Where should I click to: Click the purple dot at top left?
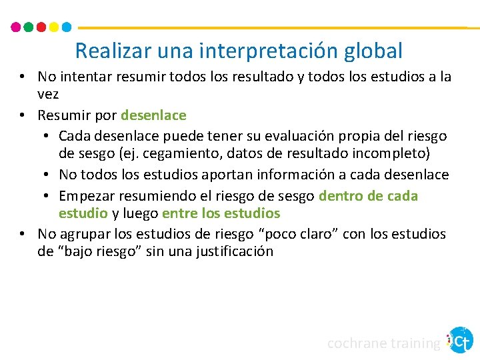[x=16, y=27]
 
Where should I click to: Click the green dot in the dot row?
[x=28, y=27]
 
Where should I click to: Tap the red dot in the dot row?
[x=41, y=27]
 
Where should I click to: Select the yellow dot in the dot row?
[x=53, y=27]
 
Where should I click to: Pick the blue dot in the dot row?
[x=66, y=27]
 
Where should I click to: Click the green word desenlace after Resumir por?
[x=153, y=115]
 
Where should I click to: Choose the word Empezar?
[x=87, y=196]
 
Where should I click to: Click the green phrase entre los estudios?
[x=221, y=213]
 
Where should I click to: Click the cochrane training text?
[x=383, y=343]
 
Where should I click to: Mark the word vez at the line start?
[x=49, y=95]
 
